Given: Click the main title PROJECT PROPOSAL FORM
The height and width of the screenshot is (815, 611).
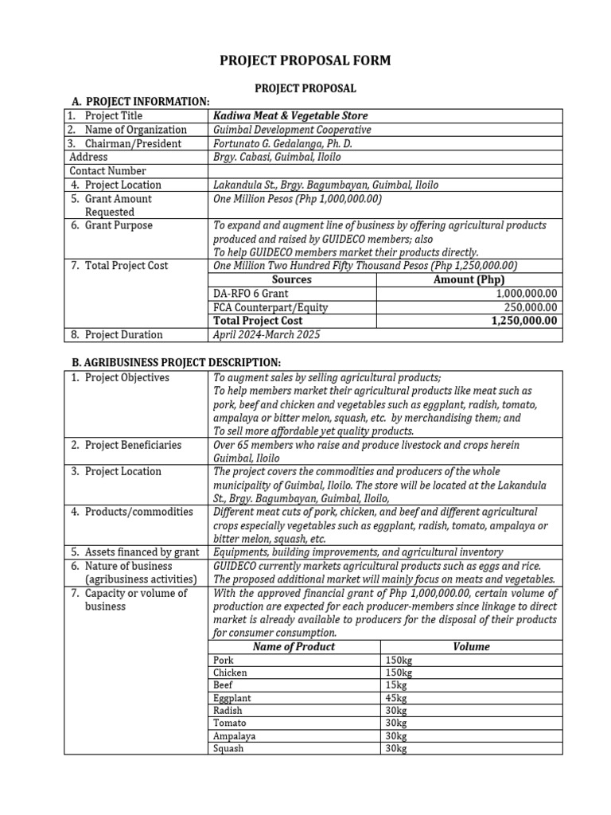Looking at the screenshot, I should coord(305,61).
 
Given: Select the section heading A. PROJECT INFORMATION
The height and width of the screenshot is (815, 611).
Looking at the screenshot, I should coord(140,102).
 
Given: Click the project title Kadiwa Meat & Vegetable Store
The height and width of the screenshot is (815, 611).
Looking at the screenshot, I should coord(290,116).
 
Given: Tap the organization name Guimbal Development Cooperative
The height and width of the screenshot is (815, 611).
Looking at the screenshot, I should coord(292,130).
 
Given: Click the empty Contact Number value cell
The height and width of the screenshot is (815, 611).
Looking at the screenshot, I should coord(384,171).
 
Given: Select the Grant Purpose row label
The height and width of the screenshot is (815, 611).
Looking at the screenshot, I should coord(119,226).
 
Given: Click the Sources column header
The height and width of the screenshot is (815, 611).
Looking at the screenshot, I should coord(291,280).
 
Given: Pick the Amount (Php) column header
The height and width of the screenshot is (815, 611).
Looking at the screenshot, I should coord(469,280).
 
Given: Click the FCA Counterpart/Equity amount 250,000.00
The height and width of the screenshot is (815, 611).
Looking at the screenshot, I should coord(531,307).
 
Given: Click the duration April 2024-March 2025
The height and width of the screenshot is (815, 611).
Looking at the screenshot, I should coord(267,335).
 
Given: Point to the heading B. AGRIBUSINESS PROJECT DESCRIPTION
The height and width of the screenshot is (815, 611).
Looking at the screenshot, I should coord(176,363).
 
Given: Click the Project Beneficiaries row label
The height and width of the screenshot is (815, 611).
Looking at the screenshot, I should coord(133,445).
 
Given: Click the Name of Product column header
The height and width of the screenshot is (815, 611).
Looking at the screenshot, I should coord(294,647).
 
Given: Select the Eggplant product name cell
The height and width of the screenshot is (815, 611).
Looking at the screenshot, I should coord(230,698).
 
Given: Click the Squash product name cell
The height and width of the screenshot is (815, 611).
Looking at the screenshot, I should coord(228,749).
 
